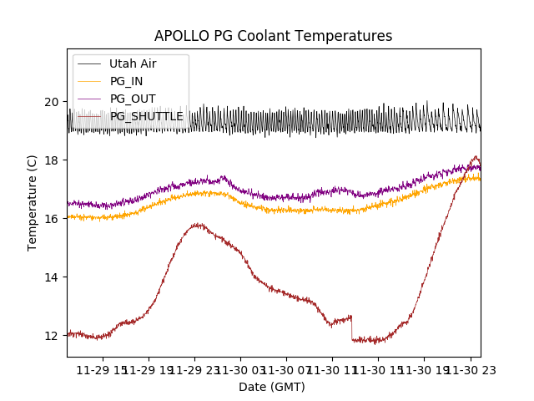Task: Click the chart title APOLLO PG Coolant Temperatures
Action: tap(273, 37)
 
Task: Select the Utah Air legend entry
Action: tap(133, 63)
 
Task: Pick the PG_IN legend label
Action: tap(126, 81)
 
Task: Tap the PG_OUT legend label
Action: tap(132, 99)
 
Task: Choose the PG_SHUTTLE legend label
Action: tap(146, 116)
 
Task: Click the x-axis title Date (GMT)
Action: tap(272, 387)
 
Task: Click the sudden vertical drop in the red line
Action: tap(351, 327)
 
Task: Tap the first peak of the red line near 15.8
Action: tap(197, 224)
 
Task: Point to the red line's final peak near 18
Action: tap(476, 157)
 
